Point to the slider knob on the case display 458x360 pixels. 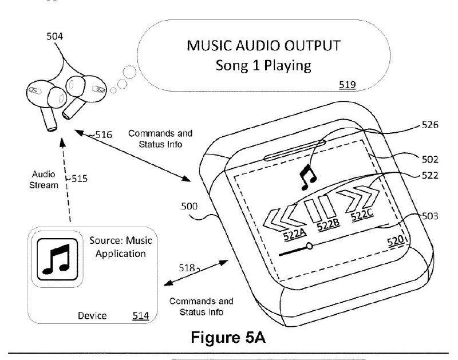pos(310,246)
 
